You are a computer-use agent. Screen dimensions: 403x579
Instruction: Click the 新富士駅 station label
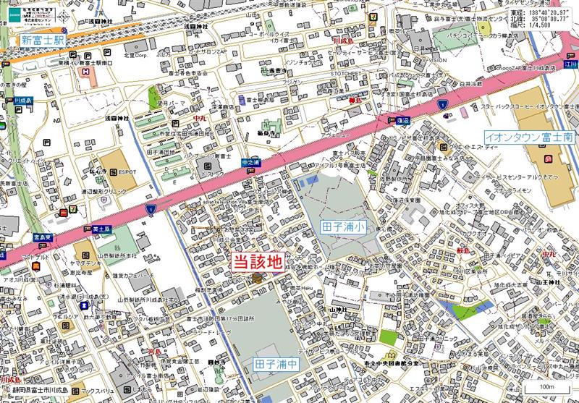(43, 40)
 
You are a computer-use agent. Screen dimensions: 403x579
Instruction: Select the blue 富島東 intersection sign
(43, 236)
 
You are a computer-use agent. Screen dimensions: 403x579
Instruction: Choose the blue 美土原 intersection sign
(101, 228)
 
